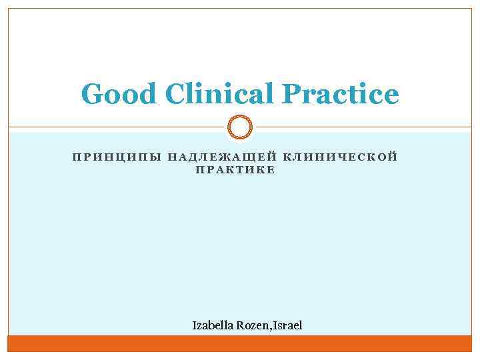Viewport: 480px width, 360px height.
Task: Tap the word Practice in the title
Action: (x=341, y=95)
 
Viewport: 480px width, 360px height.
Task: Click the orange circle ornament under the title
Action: (x=240, y=127)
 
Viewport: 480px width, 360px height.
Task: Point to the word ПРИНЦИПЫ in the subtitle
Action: (x=115, y=157)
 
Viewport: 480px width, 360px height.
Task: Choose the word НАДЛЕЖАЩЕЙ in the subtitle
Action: (x=223, y=157)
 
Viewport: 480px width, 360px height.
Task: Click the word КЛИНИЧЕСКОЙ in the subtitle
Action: (x=341, y=157)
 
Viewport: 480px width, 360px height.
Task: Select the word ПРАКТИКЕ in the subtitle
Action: (x=235, y=170)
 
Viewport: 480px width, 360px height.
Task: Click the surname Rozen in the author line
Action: (x=256, y=325)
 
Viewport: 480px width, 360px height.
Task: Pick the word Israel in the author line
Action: (x=288, y=325)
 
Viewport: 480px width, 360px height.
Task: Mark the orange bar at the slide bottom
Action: (x=240, y=343)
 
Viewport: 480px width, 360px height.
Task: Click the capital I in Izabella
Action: (x=195, y=325)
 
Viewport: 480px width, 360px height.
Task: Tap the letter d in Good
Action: (x=148, y=95)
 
